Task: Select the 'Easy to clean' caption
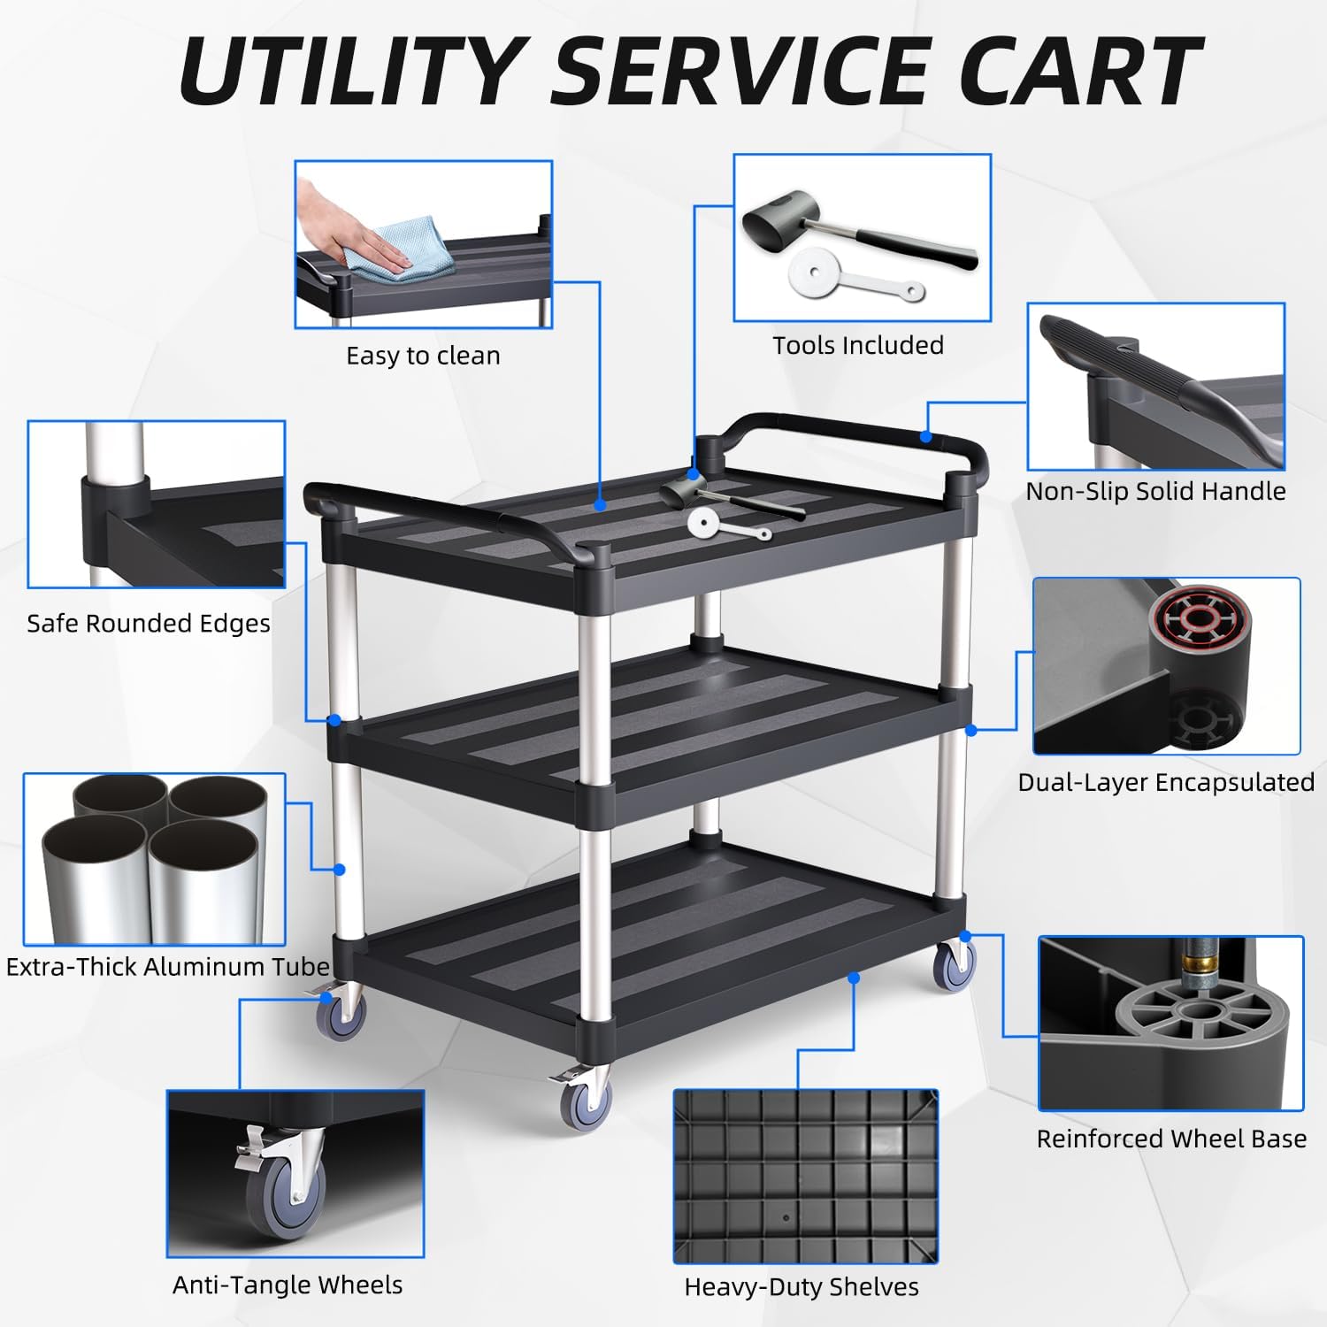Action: coord(423,356)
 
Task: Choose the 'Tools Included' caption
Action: coord(858,345)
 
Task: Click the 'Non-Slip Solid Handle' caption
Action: coord(1155,491)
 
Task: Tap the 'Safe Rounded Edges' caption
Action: coord(149,624)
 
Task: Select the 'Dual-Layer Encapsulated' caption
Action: coord(1166,782)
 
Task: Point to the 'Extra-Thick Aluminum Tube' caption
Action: coord(168,966)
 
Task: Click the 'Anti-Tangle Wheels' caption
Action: coord(288,1285)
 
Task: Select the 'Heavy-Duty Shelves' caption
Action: coord(802,1287)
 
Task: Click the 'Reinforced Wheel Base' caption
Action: coord(1171,1139)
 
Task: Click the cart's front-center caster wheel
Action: coord(585,1102)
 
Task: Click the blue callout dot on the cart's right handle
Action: coord(925,436)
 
